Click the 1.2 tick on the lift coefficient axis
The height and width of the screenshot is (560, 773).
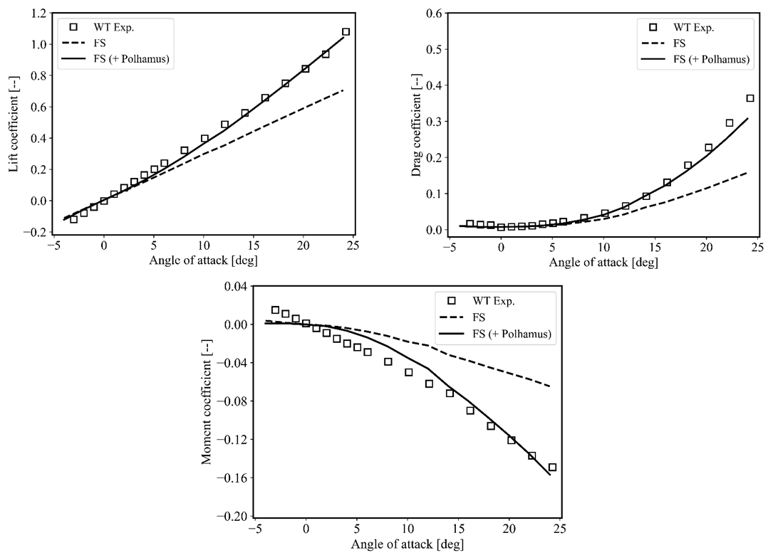click(x=38, y=13)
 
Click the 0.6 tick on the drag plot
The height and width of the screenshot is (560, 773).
click(x=432, y=13)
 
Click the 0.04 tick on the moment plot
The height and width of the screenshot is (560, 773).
click(x=235, y=286)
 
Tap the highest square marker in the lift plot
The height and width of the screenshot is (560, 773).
click(x=346, y=32)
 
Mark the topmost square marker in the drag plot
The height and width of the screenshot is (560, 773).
click(x=750, y=98)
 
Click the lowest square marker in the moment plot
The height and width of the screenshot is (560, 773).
click(x=552, y=467)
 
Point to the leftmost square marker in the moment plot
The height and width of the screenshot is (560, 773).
click(x=276, y=310)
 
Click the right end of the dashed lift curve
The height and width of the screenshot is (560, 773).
click(x=343, y=90)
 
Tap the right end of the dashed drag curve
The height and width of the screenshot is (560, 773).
click(x=747, y=172)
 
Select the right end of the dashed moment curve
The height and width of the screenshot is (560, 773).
click(x=550, y=386)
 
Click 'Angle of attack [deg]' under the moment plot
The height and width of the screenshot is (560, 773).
click(x=406, y=544)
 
